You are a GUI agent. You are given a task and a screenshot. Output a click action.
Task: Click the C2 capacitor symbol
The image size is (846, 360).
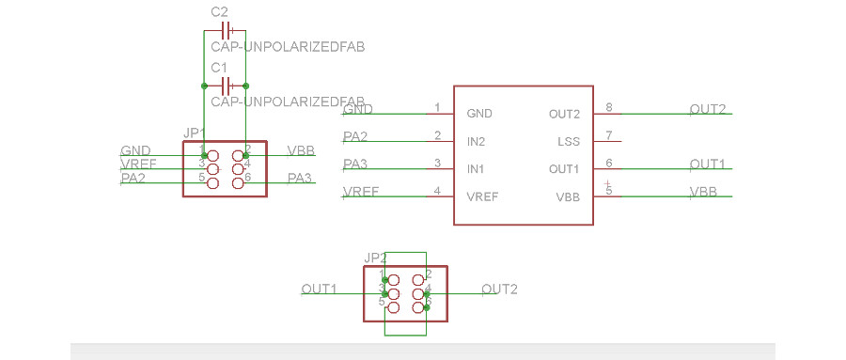(224, 30)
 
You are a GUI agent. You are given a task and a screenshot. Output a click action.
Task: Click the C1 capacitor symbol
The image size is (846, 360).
(224, 85)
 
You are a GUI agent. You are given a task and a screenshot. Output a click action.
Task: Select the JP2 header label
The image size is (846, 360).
(375, 258)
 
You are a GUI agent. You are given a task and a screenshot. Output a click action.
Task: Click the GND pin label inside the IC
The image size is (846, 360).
(479, 114)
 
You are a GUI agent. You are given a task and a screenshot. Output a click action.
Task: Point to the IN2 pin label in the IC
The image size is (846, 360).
(476, 142)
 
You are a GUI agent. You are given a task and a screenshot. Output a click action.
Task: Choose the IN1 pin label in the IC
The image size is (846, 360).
(476, 169)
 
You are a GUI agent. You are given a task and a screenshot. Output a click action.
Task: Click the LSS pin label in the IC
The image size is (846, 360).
(568, 142)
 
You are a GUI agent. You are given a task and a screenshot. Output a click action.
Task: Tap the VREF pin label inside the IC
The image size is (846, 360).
(482, 197)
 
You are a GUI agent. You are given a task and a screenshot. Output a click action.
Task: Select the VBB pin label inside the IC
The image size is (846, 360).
(568, 197)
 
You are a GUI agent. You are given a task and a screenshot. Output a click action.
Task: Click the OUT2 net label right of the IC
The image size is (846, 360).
(708, 109)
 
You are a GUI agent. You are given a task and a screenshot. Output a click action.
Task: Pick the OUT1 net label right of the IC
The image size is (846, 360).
(708, 164)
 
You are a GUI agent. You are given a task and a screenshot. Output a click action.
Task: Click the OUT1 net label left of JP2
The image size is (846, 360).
(319, 289)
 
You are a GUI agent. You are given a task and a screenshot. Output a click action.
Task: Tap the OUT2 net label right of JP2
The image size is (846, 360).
(499, 289)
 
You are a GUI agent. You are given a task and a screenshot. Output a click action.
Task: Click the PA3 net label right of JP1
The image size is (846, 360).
(300, 178)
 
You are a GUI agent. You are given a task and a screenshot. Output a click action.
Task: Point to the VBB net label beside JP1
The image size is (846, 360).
(301, 150)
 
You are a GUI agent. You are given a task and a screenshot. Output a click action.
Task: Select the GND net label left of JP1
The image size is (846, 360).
(135, 150)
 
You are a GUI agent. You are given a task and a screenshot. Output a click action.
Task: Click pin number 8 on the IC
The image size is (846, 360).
(609, 108)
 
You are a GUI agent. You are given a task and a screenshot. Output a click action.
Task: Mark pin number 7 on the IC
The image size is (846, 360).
(609, 135)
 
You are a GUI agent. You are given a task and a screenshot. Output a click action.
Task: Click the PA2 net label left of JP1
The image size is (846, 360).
(133, 178)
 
